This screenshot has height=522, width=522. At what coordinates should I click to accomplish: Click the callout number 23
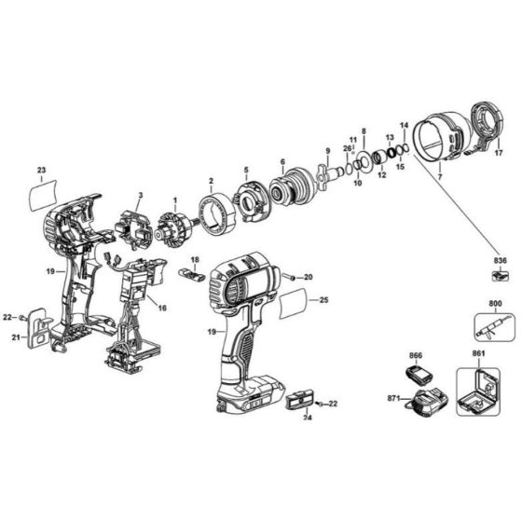click(41, 169)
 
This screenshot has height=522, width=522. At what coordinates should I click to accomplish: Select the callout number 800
click(493, 304)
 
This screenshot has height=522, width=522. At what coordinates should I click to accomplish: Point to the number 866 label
click(416, 355)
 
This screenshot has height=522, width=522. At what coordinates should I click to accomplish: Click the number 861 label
click(478, 355)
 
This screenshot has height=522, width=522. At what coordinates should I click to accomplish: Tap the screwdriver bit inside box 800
click(493, 328)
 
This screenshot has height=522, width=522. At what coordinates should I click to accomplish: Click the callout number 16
click(162, 308)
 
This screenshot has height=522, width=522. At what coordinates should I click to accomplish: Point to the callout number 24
click(309, 419)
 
